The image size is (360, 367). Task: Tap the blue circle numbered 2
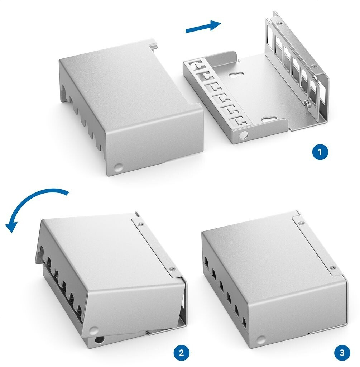pyautogui.click(x=181, y=352)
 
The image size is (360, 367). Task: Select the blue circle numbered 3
pyautogui.click(x=342, y=352)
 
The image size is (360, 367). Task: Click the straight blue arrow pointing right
pyautogui.click(x=203, y=27)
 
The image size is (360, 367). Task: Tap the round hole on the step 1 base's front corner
pyautogui.click(x=244, y=134)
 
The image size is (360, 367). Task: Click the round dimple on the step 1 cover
pyautogui.click(x=117, y=167)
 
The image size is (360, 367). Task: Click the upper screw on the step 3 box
pyautogui.click(x=301, y=223)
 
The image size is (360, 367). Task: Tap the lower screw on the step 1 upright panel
pyautogui.click(x=313, y=66)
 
